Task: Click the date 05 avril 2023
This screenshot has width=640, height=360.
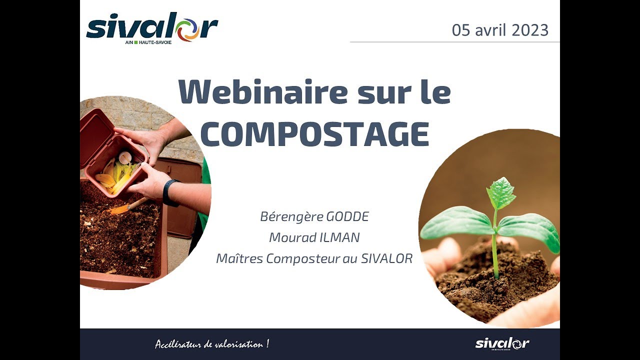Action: point(500,30)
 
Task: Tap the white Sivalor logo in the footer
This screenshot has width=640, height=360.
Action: point(501,343)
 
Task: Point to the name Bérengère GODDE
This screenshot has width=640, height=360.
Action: point(314,217)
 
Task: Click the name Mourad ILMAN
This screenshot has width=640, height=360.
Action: point(314,237)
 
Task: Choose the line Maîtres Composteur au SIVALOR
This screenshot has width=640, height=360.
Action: point(314,258)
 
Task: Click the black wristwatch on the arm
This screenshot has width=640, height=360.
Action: point(169,192)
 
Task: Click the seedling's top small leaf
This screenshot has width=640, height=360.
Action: point(500,193)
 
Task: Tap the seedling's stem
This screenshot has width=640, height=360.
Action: point(495,250)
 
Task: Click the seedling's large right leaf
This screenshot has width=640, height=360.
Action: point(530,229)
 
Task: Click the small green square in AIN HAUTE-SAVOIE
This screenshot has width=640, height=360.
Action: point(135,42)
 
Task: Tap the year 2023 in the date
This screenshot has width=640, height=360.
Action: point(530,30)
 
